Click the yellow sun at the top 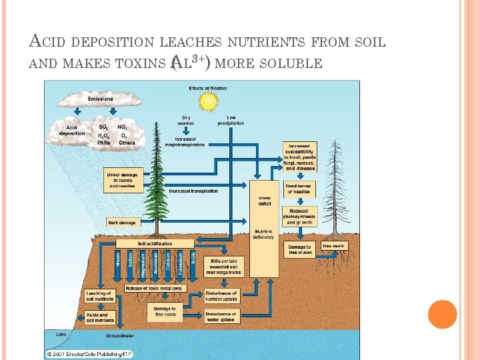point(209,101)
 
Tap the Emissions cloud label point(101,99)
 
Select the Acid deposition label point(72,130)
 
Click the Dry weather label point(186,121)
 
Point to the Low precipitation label point(231,121)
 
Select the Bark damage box point(122,223)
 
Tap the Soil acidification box point(155,244)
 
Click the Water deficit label point(265,201)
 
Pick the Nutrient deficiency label point(263,235)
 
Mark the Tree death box point(333,247)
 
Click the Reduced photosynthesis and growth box point(299,217)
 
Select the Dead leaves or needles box point(299,189)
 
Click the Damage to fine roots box point(165,311)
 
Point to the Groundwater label point(120,336)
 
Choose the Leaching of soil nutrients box point(100,295)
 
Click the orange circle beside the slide point(443,314)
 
